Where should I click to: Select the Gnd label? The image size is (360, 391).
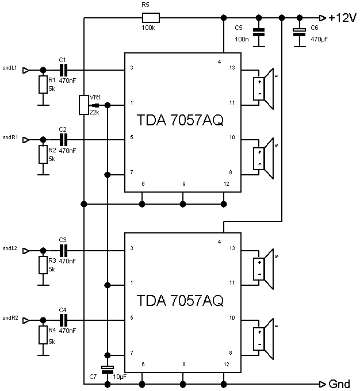(x=339, y=384)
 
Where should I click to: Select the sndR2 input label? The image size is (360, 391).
(x=11, y=317)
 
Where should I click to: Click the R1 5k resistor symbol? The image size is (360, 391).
(x=42, y=85)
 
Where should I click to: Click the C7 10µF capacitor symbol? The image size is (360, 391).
(x=106, y=369)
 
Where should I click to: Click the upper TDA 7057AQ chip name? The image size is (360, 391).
(x=179, y=121)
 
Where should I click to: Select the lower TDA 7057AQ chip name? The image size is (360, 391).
(x=179, y=300)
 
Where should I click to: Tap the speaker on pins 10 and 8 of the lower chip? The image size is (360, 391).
(x=265, y=335)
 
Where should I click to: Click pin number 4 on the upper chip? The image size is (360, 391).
(x=219, y=62)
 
